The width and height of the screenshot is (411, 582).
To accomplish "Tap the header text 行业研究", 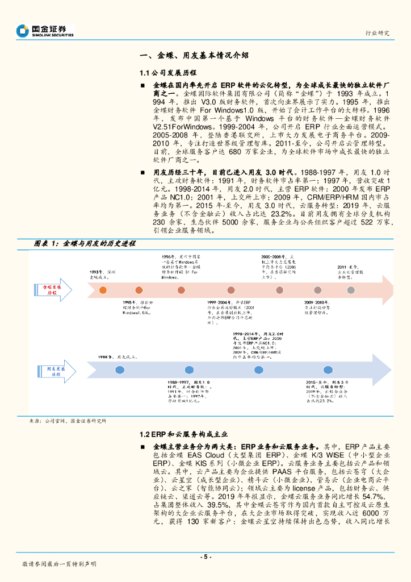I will (x=376, y=33).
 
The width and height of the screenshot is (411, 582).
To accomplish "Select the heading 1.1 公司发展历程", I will (x=167, y=73).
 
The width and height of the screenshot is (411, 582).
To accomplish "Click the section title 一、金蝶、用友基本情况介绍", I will (x=194, y=56).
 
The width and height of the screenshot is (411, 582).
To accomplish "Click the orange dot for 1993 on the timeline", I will (x=103, y=290).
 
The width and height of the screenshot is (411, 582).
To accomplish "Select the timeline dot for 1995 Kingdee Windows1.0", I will (x=138, y=290).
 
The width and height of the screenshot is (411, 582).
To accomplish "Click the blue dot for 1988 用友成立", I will (x=119, y=369).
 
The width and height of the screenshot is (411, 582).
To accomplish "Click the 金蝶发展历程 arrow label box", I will (x=54, y=290).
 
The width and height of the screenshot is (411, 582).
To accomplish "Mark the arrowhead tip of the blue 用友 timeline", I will (x=394, y=369).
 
